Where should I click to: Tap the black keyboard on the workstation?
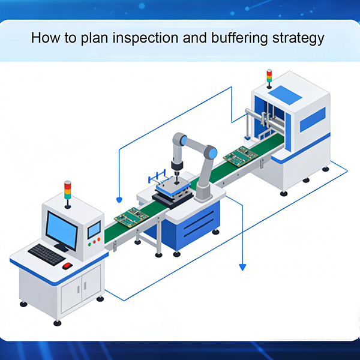click(46, 254)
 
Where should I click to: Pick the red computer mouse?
click(67, 265)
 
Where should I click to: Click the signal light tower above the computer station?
click(67, 190)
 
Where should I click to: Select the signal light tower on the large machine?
click(269, 76)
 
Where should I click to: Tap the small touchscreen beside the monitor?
click(94, 229)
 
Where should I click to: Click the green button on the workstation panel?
click(89, 244)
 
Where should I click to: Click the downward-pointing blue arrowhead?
click(243, 266)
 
